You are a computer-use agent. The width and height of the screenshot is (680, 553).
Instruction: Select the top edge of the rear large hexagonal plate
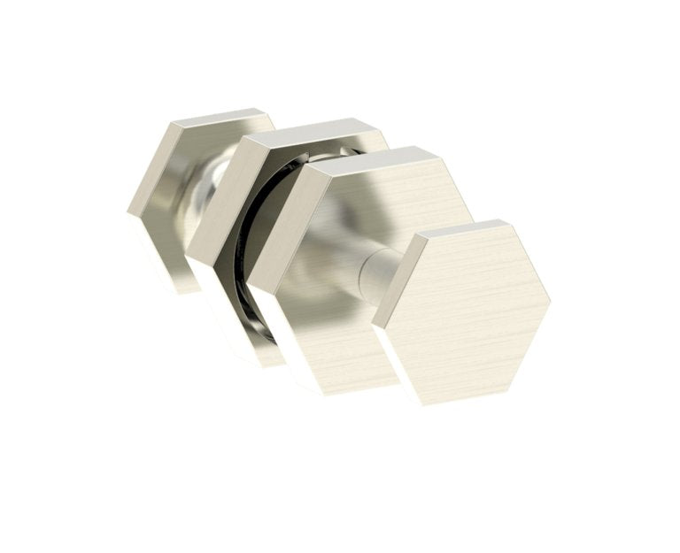310,130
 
